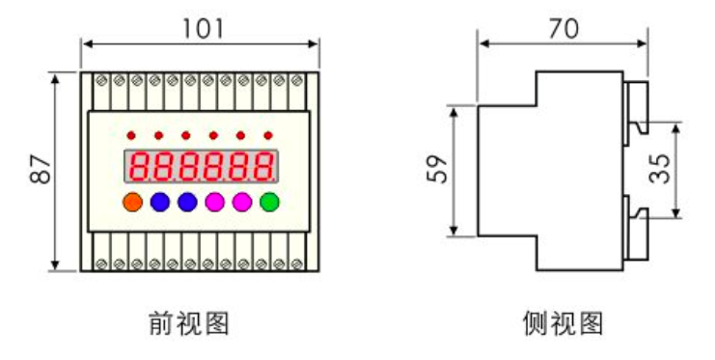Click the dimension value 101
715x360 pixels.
pyautogui.click(x=204, y=28)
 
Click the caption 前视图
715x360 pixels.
pyautogui.click(x=190, y=321)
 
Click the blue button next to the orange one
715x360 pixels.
pyautogui.click(x=159, y=202)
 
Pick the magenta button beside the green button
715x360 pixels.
pyautogui.click(x=241, y=202)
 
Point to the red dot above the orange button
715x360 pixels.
pyautogui.click(x=132, y=135)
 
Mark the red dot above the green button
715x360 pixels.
pyautogui.click(x=268, y=135)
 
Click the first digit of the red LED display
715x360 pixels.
pyautogui.click(x=139, y=168)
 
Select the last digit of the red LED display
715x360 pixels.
pyautogui.click(x=262, y=168)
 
